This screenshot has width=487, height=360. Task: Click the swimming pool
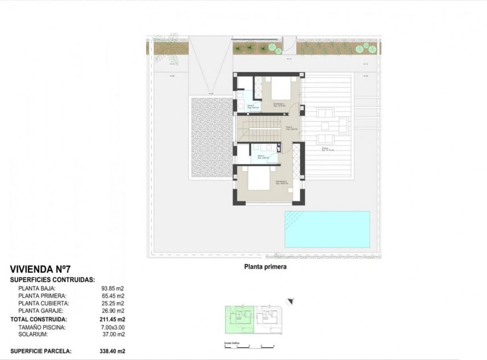click(327, 229)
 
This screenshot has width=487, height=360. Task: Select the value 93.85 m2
click(113, 288)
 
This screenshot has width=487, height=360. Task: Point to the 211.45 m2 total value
click(112, 320)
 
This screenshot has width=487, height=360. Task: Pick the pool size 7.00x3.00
click(113, 328)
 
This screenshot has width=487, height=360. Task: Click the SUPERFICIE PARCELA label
click(41, 351)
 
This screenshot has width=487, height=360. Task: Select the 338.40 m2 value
click(113, 351)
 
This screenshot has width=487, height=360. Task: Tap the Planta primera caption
click(265, 266)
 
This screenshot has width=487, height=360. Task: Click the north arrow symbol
click(290, 302)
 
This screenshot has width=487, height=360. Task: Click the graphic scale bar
click(249, 346)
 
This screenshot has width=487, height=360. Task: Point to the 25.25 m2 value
click(113, 304)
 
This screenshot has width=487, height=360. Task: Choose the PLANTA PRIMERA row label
click(43, 296)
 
